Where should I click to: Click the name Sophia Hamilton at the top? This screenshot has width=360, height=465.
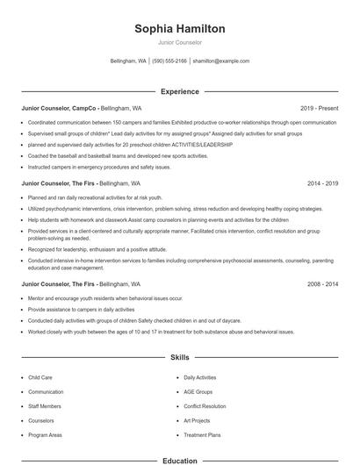(x=180, y=29)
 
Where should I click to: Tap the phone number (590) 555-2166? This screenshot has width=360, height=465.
(x=169, y=61)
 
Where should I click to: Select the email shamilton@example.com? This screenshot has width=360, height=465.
(x=220, y=61)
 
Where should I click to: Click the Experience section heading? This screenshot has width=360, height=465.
(x=180, y=91)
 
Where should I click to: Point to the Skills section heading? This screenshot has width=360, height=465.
(x=180, y=358)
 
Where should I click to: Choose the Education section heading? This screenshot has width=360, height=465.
(x=180, y=460)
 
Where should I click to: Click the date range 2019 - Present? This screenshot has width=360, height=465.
(x=319, y=108)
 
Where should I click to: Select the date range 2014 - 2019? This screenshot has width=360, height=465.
(x=322, y=183)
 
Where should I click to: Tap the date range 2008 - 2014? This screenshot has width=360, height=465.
(x=322, y=284)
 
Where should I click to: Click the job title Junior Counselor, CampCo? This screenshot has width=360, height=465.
(x=58, y=108)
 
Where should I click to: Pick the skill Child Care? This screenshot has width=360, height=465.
(x=41, y=377)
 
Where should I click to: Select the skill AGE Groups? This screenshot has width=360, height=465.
(x=198, y=391)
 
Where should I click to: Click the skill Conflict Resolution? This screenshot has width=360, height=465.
(x=205, y=406)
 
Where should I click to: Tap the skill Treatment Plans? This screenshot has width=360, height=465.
(x=202, y=435)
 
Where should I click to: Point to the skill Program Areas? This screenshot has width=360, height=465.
(x=46, y=435)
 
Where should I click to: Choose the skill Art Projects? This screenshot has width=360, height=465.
(x=198, y=420)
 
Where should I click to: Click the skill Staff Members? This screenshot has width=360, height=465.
(x=45, y=406)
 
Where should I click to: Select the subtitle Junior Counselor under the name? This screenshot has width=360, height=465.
(x=180, y=42)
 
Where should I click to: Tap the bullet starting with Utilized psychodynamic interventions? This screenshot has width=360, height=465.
(x=176, y=211)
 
